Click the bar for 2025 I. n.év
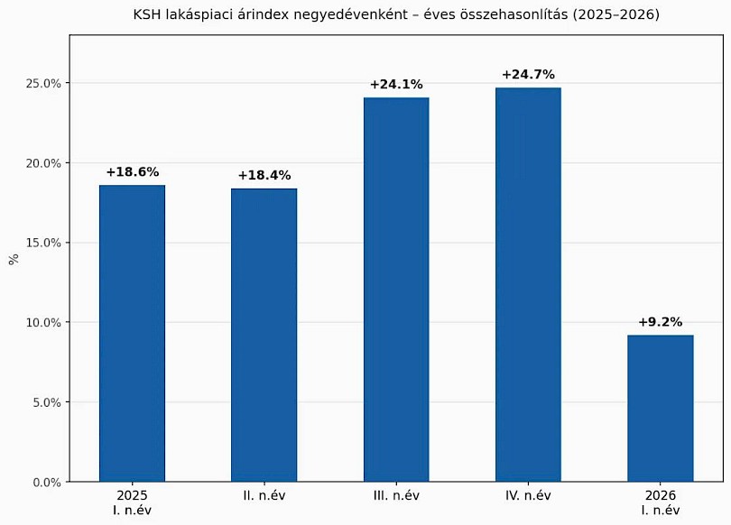[132, 334]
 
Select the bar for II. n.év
[264, 335]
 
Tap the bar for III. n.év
[396, 290]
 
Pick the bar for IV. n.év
[528, 285]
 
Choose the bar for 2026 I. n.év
[660, 409]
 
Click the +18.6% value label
[133, 172]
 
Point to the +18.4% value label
[264, 176]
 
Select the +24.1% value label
[396, 85]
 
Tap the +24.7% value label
[528, 75]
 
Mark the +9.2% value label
[660, 322]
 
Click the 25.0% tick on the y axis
[43, 84]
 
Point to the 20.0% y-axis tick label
[43, 163]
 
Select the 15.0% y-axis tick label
[43, 244]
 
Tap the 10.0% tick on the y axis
[43, 323]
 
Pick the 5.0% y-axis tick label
[47, 402]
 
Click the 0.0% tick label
[47, 483]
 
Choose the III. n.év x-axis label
[396, 495]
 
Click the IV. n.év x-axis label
[528, 495]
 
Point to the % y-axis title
[14, 259]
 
